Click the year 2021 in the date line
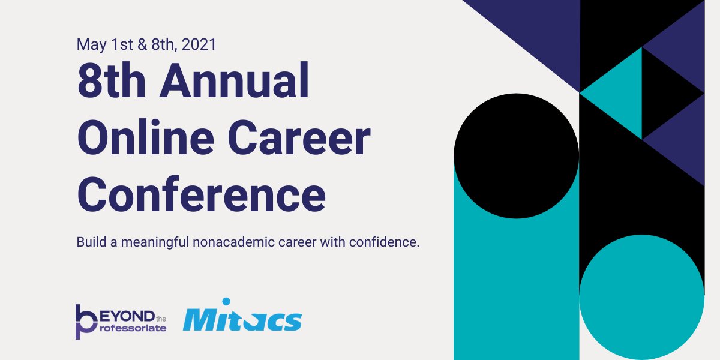click(x=199, y=44)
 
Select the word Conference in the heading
click(x=202, y=194)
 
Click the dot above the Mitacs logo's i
click(x=226, y=301)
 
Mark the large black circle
click(x=516, y=155)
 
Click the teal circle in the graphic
click(x=641, y=297)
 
